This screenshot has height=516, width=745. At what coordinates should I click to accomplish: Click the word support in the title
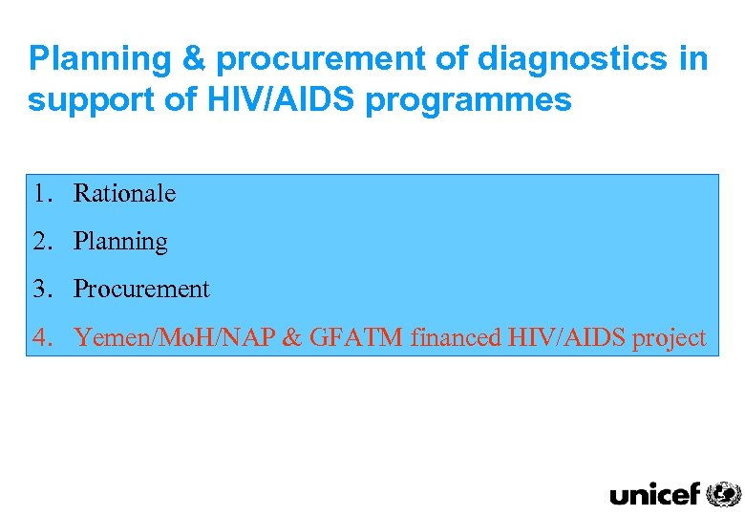tap(83, 100)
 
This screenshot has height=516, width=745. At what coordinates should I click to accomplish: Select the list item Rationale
tap(124, 194)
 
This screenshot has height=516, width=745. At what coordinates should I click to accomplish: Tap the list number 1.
tap(39, 194)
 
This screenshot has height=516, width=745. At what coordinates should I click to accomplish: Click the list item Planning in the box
tap(120, 242)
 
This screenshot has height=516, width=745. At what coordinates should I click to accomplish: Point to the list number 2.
tap(39, 242)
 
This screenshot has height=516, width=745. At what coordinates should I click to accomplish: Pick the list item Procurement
tap(140, 289)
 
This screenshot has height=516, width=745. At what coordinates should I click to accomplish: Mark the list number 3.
tap(39, 289)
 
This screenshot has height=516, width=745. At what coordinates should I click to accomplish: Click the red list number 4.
tap(39, 337)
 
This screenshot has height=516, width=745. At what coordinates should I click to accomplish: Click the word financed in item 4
tap(454, 337)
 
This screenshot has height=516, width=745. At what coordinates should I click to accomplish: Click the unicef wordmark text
tap(654, 494)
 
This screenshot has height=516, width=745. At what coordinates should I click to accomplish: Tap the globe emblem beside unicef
tap(723, 494)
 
